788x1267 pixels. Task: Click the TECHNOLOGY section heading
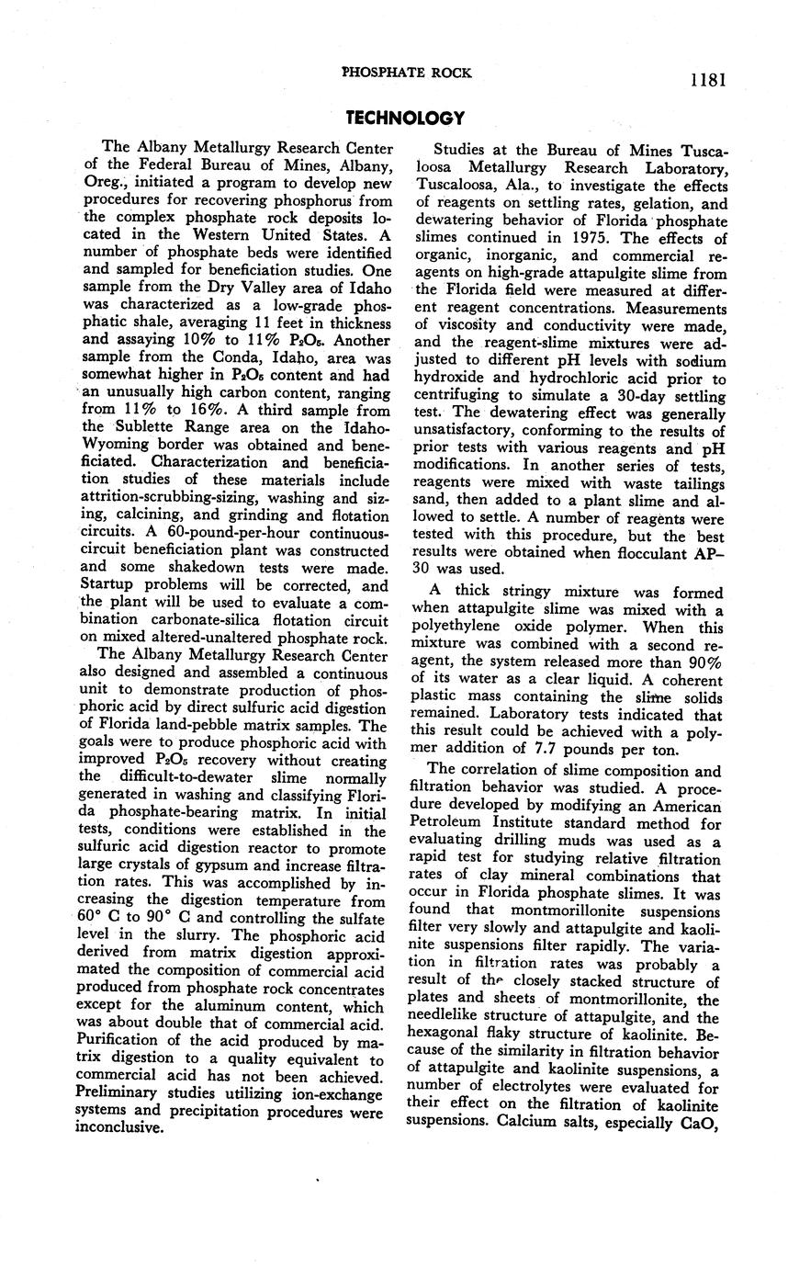click(405, 118)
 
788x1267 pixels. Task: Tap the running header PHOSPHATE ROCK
click(406, 73)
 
